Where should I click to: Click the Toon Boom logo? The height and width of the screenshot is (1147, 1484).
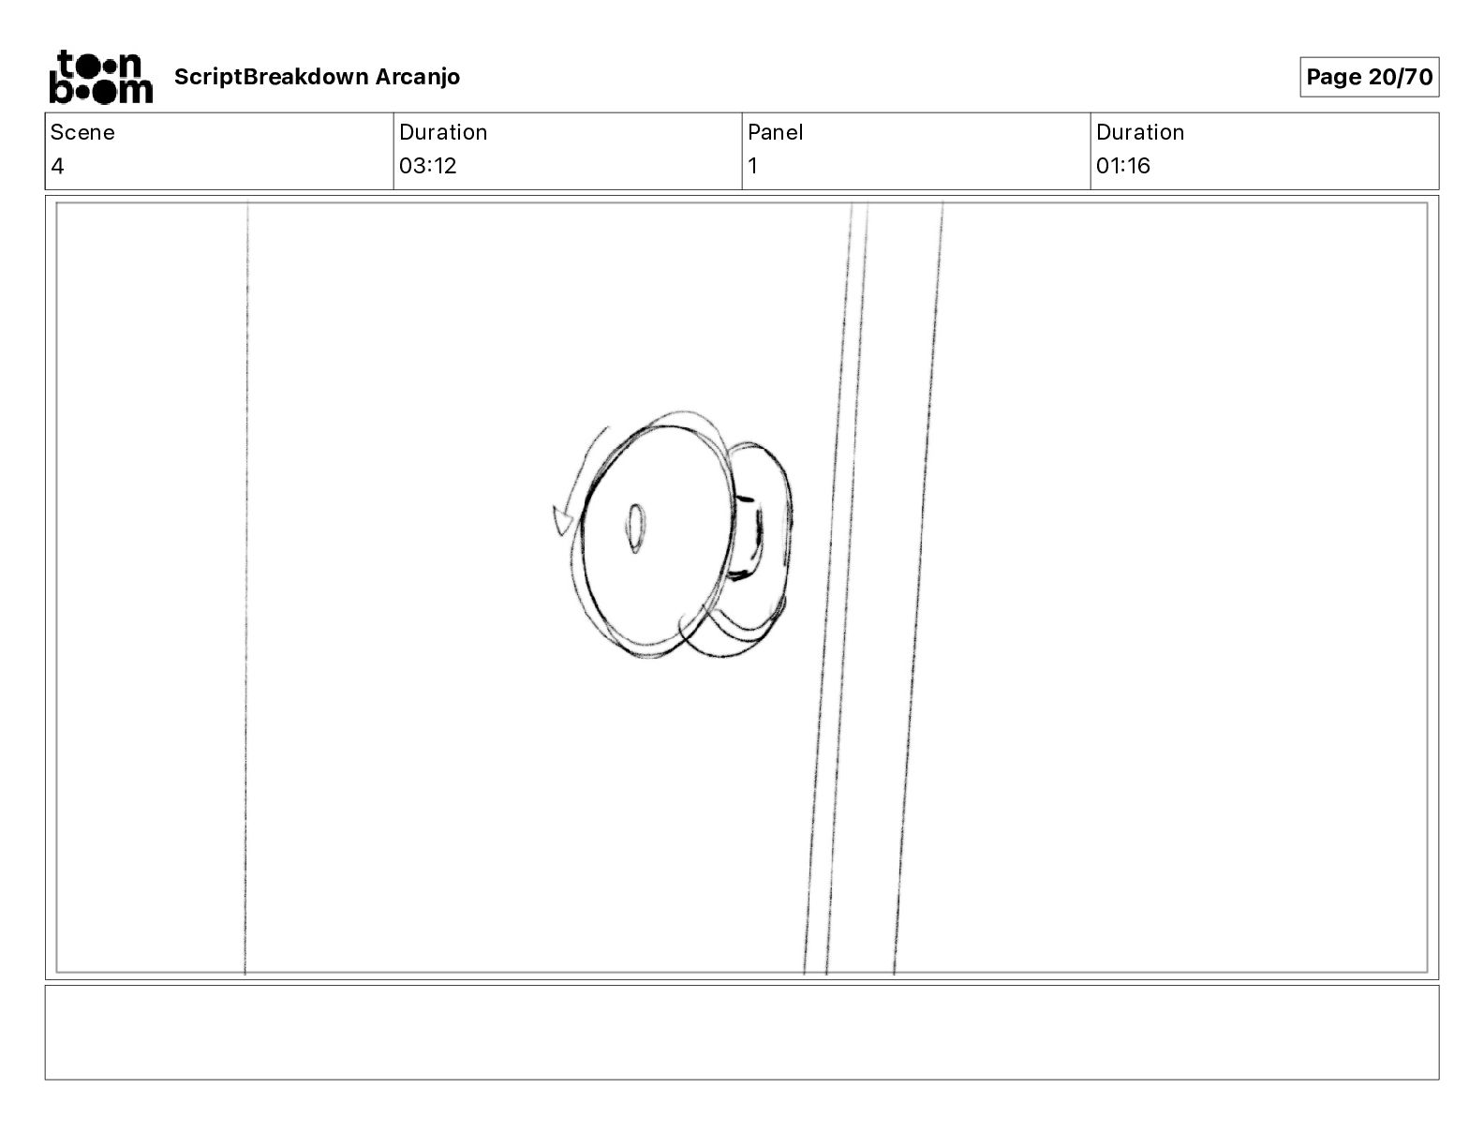point(101,77)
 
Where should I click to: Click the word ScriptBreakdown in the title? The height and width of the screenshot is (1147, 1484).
point(271,77)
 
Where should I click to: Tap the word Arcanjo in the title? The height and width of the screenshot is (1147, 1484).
point(417,77)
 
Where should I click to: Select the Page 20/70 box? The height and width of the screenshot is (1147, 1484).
point(1369,77)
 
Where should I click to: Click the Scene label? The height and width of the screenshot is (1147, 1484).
point(82,132)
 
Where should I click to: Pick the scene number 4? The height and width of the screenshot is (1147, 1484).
point(57,165)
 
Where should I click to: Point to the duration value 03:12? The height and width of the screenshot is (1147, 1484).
point(427,165)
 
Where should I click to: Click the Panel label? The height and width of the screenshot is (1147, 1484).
point(775,132)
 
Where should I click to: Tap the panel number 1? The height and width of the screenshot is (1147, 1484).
point(752,165)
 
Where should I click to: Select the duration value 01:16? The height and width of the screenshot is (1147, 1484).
point(1122,165)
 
